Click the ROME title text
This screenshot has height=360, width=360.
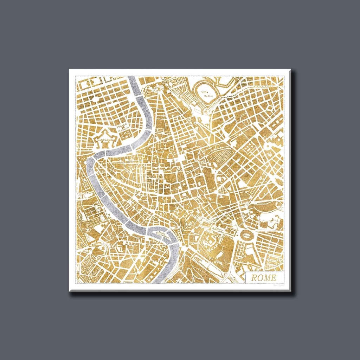(x=263, y=277)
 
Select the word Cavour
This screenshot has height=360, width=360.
(x=124, y=129)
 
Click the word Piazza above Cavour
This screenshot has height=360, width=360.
(x=124, y=126)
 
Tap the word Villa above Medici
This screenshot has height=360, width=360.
(x=204, y=92)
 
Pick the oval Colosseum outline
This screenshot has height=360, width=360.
(x=246, y=234)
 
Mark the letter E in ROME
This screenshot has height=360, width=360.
(x=274, y=277)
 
